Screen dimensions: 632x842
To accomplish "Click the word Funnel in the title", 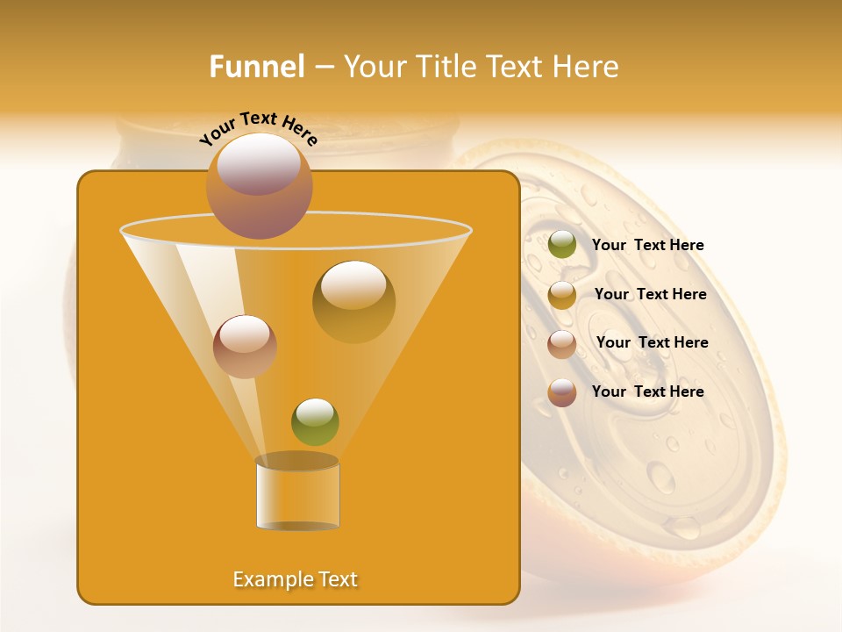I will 256,67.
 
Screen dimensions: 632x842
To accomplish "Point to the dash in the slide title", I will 323,68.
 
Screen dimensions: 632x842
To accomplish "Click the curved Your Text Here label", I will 258,128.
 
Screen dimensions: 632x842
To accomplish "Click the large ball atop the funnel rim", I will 259,185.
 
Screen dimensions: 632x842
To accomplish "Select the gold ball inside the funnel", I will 353,301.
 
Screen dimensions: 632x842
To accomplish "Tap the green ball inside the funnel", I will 315,421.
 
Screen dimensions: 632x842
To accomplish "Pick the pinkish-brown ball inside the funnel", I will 245,346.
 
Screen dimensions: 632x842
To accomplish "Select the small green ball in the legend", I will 562,245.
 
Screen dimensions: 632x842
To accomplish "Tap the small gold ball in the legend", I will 562,295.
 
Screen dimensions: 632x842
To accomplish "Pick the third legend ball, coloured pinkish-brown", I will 562,344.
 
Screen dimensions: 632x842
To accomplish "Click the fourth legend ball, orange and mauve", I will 562,392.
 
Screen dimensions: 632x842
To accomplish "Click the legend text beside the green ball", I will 647,246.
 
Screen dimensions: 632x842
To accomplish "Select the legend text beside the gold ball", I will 650,295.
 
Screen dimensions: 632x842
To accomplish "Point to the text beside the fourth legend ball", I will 647,391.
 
